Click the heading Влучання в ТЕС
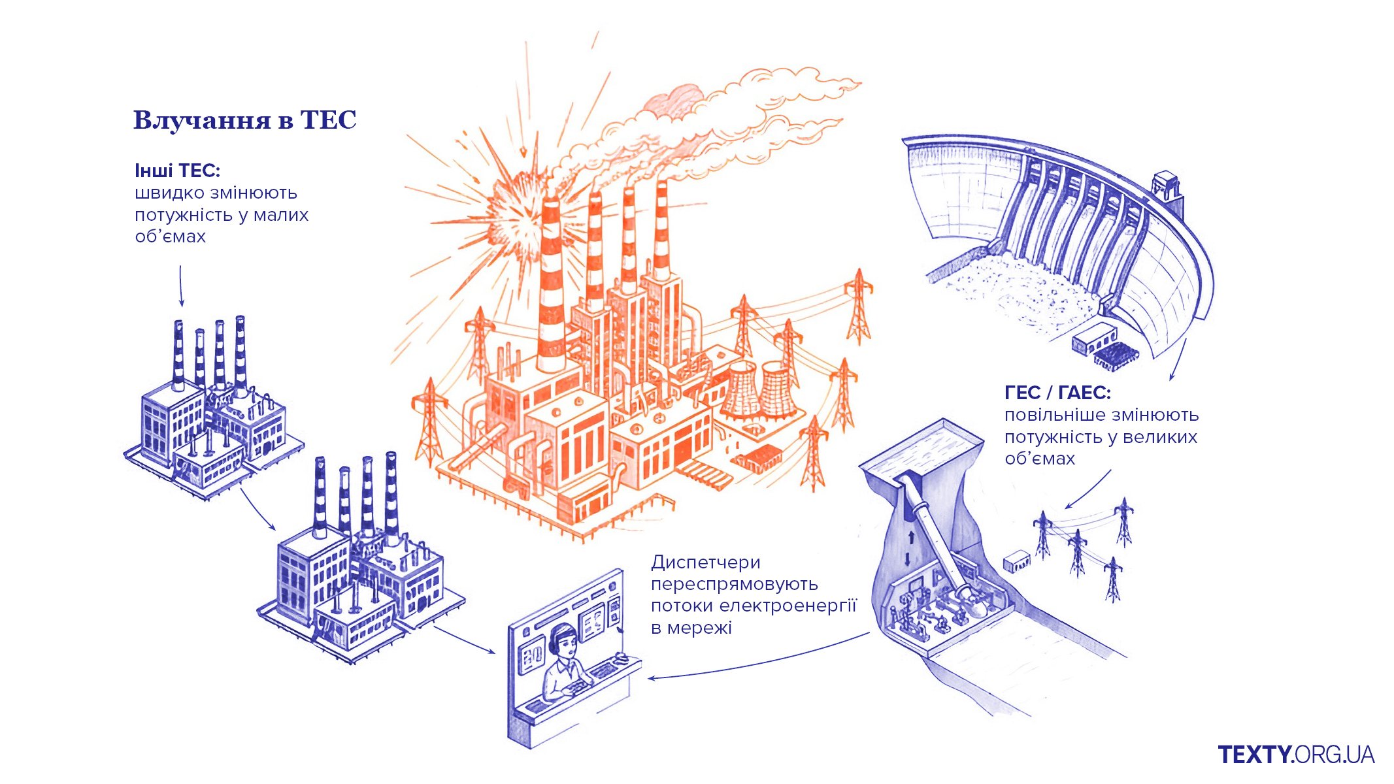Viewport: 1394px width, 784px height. click(244, 120)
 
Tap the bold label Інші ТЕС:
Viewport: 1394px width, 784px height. click(177, 171)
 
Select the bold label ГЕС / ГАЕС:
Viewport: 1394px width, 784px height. click(1057, 393)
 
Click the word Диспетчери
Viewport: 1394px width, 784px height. click(705, 562)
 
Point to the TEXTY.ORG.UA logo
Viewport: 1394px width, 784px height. click(1296, 755)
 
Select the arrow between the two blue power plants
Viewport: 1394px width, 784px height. click(257, 509)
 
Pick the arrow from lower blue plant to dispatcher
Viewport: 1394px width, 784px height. click(464, 640)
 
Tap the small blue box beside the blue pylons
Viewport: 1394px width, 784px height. click(1016, 561)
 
